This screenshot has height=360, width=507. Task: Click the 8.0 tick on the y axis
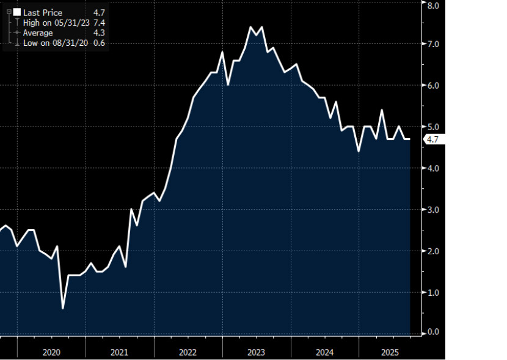tap(433, 6)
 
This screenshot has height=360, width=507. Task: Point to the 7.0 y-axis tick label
tap(433, 45)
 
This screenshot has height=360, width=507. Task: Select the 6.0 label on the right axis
tap(433, 86)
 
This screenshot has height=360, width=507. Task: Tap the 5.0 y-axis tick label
tap(433, 127)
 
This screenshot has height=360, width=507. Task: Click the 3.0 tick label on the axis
tap(433, 210)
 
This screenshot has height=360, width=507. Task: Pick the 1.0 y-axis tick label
tap(433, 293)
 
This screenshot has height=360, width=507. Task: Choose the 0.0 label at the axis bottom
tap(433, 332)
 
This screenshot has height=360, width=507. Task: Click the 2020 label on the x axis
tap(51, 352)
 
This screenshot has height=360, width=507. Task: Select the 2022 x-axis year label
tap(188, 352)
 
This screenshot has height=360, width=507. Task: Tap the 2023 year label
tap(256, 352)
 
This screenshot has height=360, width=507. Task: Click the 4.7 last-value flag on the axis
tap(433, 139)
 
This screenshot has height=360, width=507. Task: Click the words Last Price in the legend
tap(42, 13)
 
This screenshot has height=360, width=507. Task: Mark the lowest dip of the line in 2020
tap(63, 308)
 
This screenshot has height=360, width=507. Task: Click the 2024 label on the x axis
tap(324, 352)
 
